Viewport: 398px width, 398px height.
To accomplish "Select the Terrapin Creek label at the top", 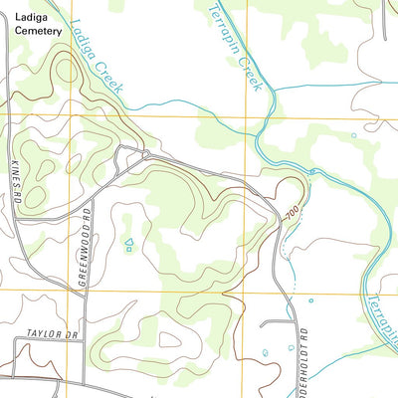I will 236,45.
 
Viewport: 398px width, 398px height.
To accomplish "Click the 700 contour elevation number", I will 290,212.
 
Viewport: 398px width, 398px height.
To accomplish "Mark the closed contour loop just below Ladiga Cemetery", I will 65,70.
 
